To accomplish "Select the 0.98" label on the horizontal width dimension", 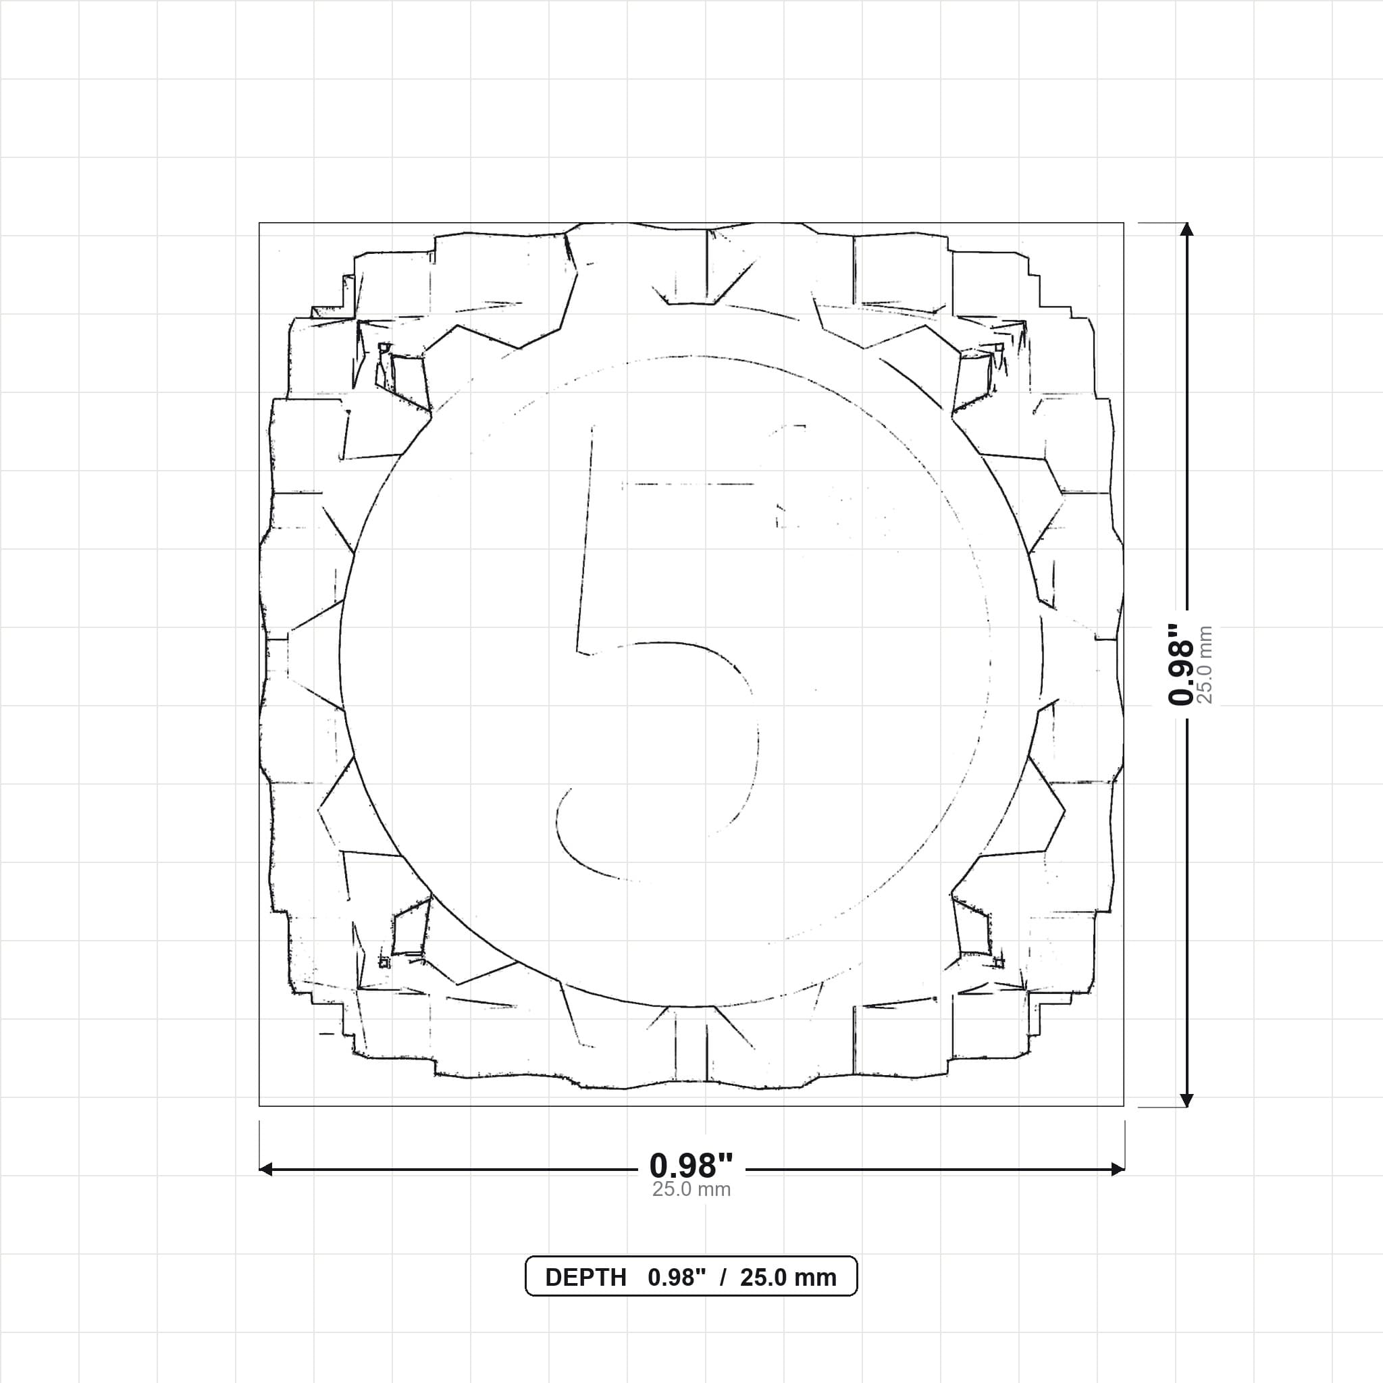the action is tap(691, 1166).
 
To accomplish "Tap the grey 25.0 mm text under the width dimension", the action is tap(691, 1190).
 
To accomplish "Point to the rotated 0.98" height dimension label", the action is tap(1180, 664).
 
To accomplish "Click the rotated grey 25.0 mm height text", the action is tap(1205, 664).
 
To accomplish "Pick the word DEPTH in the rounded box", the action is tap(585, 1278).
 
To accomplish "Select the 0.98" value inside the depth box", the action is tap(677, 1278).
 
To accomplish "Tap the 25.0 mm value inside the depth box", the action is tap(788, 1278).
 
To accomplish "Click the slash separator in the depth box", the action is tap(723, 1278).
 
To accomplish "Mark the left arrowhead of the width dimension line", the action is tap(265, 1169).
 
